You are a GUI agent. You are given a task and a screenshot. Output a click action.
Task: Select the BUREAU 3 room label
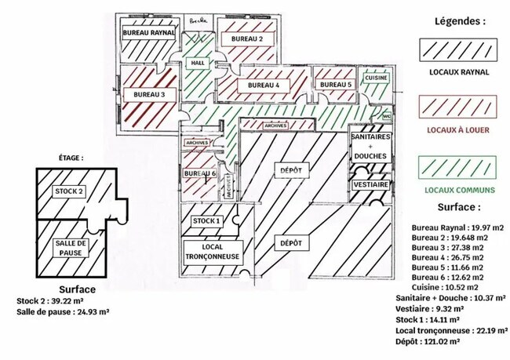(149, 94)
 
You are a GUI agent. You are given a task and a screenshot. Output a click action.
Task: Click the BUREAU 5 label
(337, 85)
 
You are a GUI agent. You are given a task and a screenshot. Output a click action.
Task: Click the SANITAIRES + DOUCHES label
(370, 146)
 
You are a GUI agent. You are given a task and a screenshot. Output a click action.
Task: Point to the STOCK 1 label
(207, 221)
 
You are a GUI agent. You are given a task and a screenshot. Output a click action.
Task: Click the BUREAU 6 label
(199, 173)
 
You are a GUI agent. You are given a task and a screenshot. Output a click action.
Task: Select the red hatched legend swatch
(460, 107)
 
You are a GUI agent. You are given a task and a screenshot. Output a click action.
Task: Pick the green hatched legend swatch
(460, 168)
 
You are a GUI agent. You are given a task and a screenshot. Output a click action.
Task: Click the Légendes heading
(460, 22)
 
